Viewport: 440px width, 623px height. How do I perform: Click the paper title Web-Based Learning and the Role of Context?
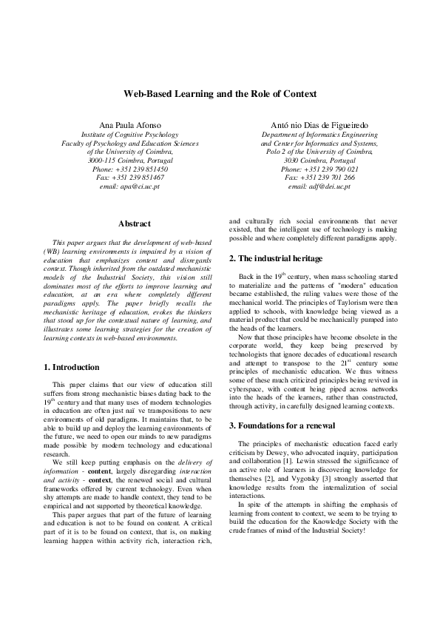point(220,94)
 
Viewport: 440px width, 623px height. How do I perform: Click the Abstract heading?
point(134,223)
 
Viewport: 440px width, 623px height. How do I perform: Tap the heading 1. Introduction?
point(71,367)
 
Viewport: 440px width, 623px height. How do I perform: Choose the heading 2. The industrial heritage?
point(276,258)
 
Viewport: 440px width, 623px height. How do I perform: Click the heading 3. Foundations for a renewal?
point(282,426)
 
